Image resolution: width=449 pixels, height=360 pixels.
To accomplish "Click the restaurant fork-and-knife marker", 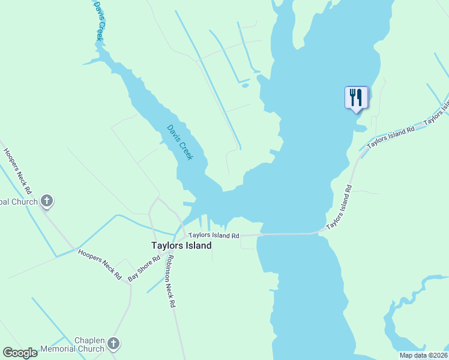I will [357, 97].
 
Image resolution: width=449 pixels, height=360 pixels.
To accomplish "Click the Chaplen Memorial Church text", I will [73, 344].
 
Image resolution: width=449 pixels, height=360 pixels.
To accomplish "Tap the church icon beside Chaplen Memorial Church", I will [113, 344].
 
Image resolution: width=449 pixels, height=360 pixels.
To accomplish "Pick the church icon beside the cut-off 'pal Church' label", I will [47, 202].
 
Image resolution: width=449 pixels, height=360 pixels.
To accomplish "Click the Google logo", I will [20, 353].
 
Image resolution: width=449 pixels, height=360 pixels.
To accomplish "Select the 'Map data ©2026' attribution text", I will [423, 355].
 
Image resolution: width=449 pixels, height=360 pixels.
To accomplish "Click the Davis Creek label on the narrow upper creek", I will [100, 21].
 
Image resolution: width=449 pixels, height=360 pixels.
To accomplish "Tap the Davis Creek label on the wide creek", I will [179, 142].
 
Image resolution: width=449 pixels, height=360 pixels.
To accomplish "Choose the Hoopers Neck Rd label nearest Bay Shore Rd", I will [100, 265].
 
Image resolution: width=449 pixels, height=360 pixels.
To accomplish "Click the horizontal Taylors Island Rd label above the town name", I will [214, 236].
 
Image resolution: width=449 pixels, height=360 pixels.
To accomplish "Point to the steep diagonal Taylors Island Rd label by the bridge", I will [340, 208].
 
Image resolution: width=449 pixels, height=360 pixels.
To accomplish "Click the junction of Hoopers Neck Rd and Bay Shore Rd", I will [129, 281].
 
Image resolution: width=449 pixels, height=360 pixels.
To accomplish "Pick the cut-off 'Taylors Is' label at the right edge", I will [437, 111].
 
